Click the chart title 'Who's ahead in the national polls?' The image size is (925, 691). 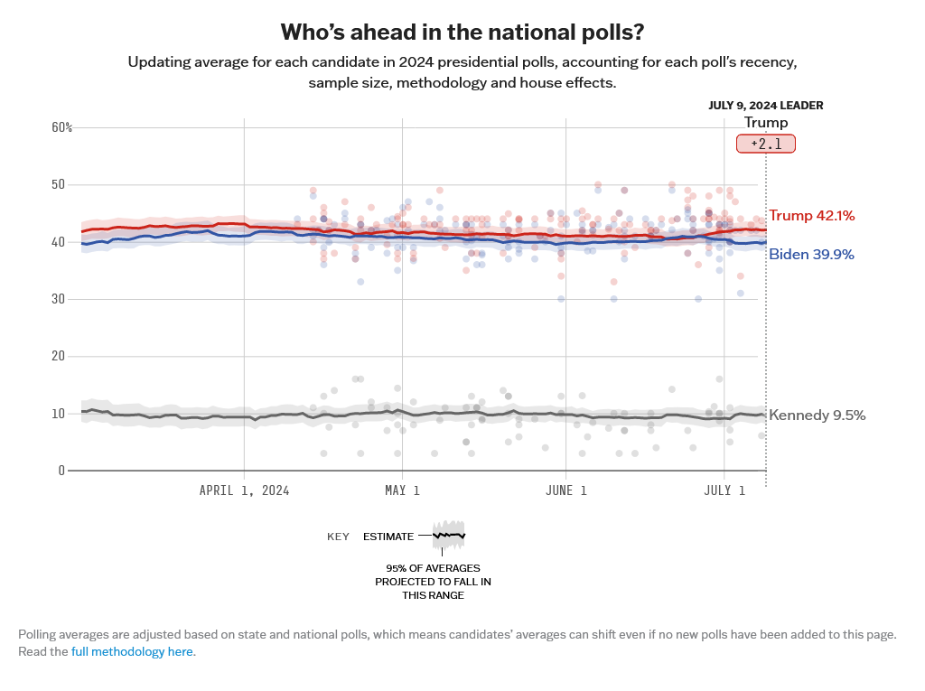462,33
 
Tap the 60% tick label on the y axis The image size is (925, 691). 61,127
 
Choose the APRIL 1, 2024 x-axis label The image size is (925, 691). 244,490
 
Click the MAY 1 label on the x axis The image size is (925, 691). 402,490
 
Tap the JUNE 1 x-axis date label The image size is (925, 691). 565,490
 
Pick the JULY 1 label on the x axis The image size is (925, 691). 724,490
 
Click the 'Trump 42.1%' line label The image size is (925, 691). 811,216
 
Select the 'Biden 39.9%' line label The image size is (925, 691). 811,255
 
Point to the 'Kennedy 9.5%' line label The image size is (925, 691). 817,416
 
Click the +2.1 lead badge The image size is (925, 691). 766,144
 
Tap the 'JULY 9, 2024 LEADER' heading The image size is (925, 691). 765,105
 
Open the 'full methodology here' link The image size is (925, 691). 133,651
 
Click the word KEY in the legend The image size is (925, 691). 338,537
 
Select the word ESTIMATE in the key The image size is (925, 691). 388,537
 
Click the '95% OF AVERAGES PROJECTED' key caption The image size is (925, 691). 433,581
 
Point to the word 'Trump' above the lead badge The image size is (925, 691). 766,123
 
